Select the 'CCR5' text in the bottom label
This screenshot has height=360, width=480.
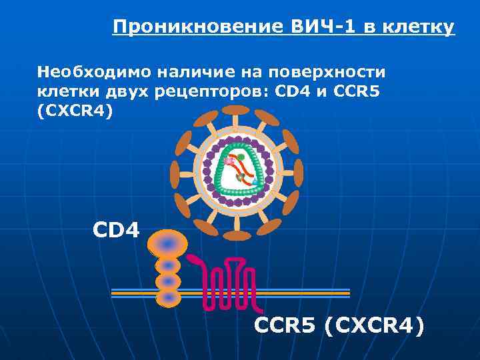pyautogui.click(x=285, y=326)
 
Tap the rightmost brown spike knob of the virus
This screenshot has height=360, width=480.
pyautogui.click(x=299, y=173)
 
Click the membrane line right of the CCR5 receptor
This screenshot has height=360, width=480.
pyautogui.click(x=307, y=292)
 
